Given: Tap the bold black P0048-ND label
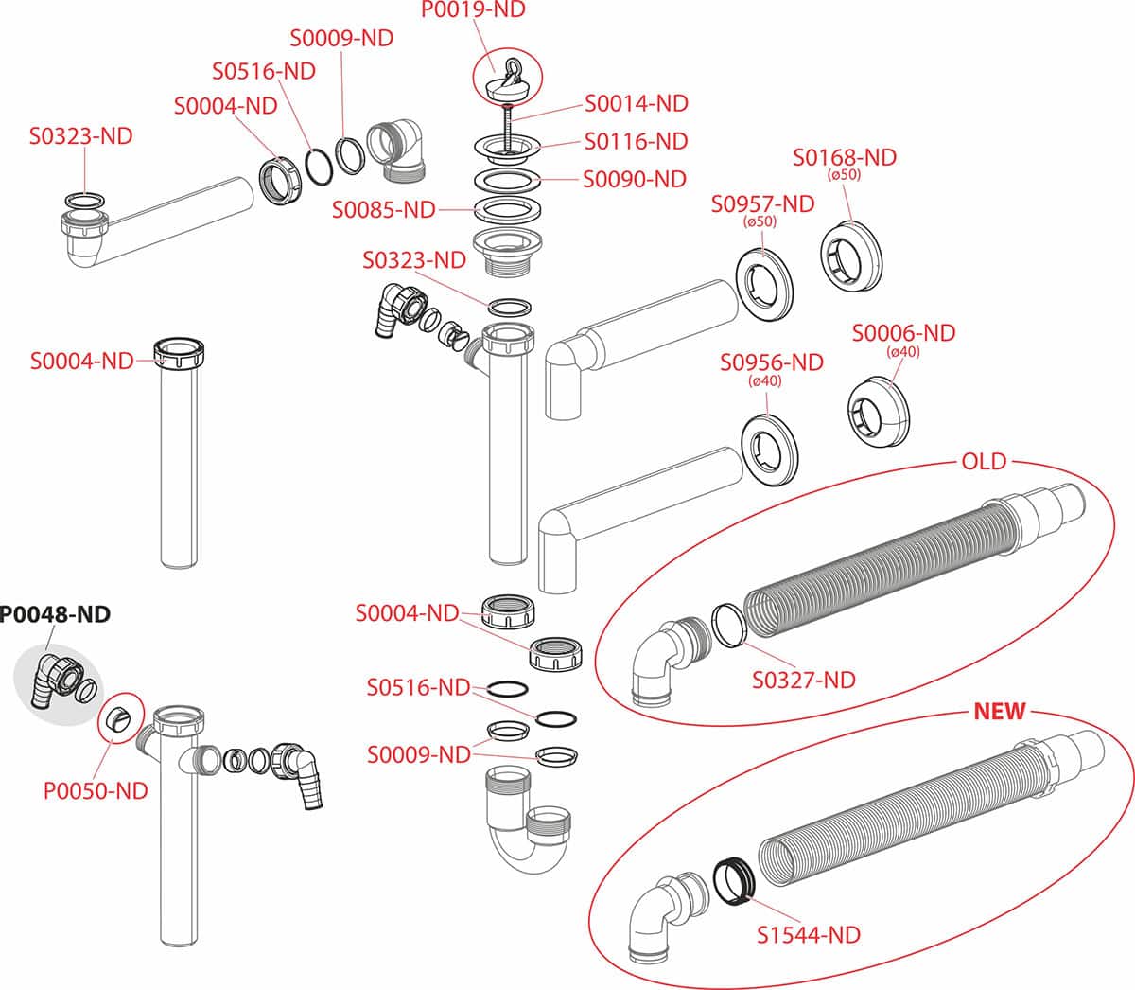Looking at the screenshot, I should (55, 614).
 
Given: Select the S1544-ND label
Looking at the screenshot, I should (809, 935).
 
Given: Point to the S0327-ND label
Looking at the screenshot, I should (803, 680).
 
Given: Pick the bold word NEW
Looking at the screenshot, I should (1000, 712).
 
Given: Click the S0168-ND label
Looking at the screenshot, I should (845, 157).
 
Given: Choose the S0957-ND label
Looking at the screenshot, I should (762, 203).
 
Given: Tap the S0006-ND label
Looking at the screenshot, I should (903, 333).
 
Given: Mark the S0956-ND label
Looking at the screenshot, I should (771, 362).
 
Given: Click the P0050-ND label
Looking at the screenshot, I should (96, 791).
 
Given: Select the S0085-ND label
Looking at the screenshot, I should (383, 209).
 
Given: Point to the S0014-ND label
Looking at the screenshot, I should (636, 103).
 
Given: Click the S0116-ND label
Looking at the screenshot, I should (636, 142).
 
